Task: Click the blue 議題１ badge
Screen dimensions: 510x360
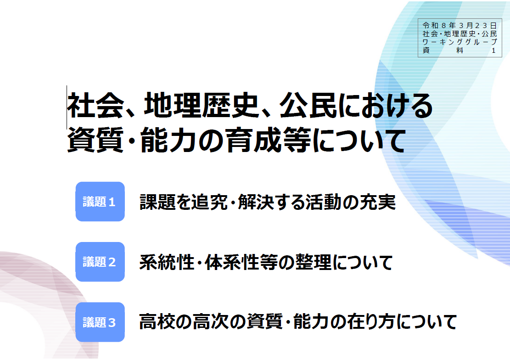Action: click(100, 202)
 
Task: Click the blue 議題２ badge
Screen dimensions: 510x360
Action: click(100, 262)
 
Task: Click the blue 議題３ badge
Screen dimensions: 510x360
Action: click(100, 322)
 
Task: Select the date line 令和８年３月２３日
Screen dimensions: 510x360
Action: click(460, 25)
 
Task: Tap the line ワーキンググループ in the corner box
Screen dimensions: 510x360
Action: click(460, 42)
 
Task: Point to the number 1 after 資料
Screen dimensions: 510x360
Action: click(494, 51)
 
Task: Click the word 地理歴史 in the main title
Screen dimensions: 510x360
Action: click(202, 105)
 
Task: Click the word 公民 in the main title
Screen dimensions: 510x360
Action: click(308, 105)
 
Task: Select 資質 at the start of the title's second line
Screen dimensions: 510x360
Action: click(95, 140)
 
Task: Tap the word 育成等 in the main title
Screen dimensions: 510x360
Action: click(269, 140)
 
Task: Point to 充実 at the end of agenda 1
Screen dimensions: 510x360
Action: click(378, 202)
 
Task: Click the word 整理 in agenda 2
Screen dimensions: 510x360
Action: click(314, 262)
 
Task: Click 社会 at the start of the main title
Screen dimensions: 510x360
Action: click(95, 105)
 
